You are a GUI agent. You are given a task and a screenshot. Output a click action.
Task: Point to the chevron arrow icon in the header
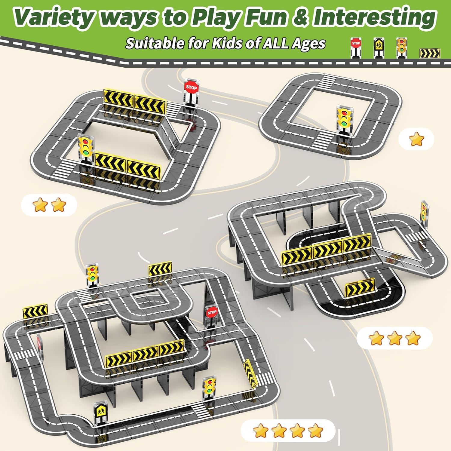coord(430,53)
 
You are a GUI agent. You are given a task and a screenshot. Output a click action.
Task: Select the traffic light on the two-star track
coord(86,147)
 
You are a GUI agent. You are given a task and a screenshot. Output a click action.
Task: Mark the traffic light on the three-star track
coord(424,213)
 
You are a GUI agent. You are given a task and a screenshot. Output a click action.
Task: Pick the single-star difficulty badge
coord(416,140)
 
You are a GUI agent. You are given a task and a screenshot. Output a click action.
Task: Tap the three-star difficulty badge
coord(394,339)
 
